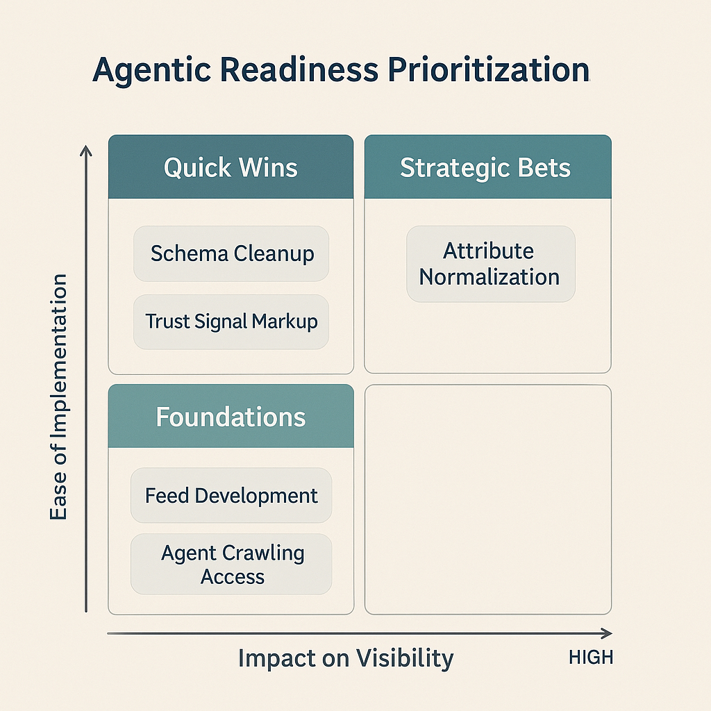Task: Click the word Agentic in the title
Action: point(152,70)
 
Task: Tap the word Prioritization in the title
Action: point(488,69)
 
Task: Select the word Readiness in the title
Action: point(299,69)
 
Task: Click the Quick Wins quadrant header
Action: point(231,167)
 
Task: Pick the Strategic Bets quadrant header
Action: point(488,167)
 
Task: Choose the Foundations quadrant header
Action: point(231,417)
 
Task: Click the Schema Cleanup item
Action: point(231,253)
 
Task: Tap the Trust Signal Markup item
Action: point(231,321)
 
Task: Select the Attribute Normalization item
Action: point(491,264)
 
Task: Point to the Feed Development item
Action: point(231,495)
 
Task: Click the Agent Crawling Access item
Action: point(231,564)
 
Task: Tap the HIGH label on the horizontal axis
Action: point(591,658)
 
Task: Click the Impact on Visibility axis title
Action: point(346,658)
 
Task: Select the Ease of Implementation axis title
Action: point(58,396)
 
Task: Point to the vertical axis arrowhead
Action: point(85,151)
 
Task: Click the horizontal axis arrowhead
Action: point(607,633)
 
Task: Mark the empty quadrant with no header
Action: point(488,500)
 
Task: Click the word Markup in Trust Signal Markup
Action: point(285,322)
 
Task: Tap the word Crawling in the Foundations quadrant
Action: point(263,553)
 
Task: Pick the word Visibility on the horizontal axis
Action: point(405,658)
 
